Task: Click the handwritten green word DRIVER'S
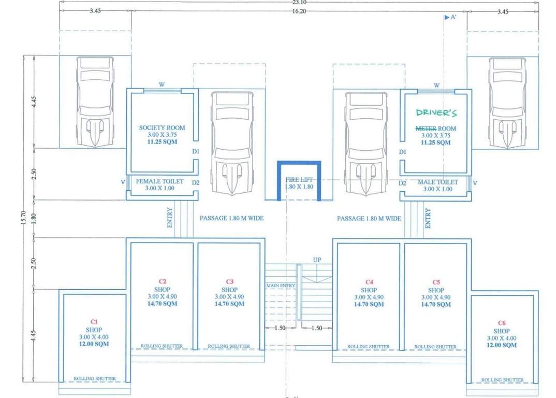(x=436, y=112)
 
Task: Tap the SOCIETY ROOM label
(x=162, y=127)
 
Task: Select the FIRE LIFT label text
(x=299, y=179)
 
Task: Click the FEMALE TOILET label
(x=159, y=182)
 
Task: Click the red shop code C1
(x=94, y=321)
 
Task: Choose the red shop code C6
(x=501, y=323)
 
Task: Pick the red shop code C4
(x=369, y=282)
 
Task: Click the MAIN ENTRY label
(x=281, y=286)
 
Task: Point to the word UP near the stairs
(x=317, y=259)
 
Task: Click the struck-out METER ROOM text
(x=436, y=128)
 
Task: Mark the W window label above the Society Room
(x=162, y=84)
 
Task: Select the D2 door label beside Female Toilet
(x=195, y=182)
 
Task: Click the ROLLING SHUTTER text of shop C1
(x=94, y=379)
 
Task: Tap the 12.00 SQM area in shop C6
(x=501, y=345)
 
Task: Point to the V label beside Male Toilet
(x=475, y=183)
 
